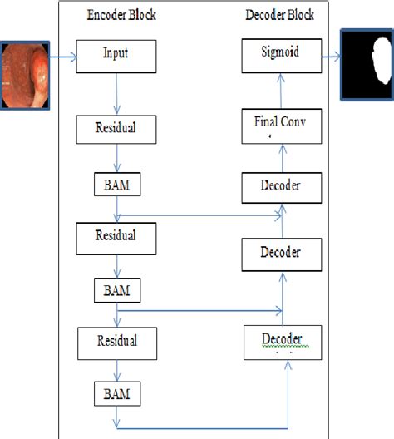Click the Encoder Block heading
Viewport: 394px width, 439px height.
tap(121, 15)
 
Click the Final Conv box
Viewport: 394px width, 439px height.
tap(281, 121)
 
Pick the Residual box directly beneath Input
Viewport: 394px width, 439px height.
tap(116, 130)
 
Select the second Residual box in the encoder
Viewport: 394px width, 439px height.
tap(116, 237)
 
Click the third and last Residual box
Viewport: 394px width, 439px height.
tap(116, 341)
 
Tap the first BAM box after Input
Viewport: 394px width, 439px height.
tap(116, 184)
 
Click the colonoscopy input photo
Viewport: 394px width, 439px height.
tap(26, 77)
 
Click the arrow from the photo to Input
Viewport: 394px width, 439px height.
tap(64, 57)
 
